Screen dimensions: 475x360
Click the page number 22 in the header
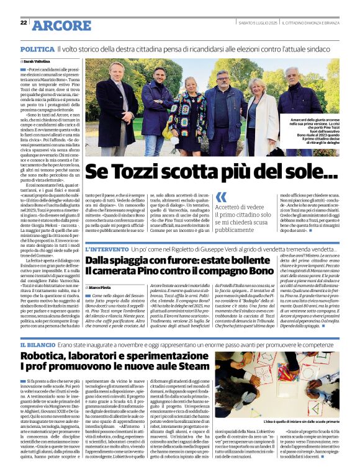coord(23,23)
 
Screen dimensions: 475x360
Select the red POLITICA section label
coord(37,48)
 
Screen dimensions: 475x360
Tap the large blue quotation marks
coord(221,197)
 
